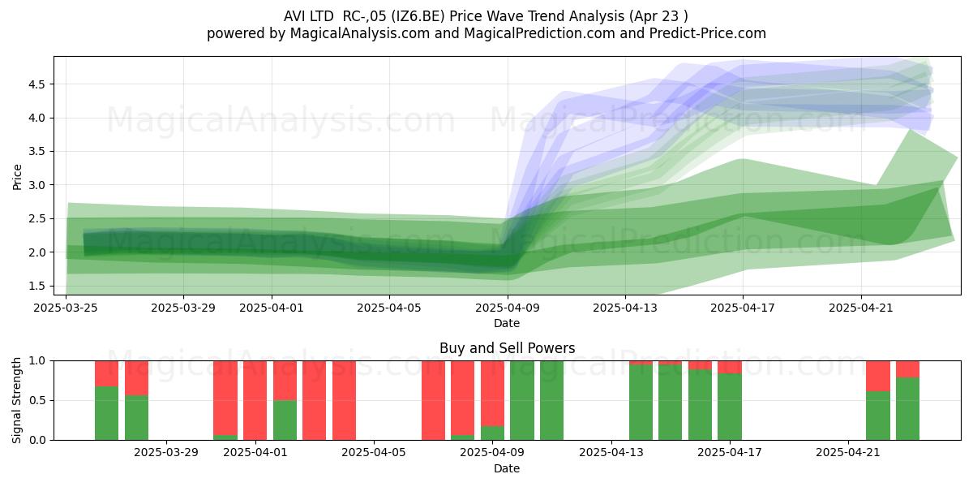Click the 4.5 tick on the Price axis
point(36,84)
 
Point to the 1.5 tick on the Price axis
point(36,286)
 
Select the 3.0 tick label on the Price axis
point(36,185)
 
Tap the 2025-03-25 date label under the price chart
point(66,308)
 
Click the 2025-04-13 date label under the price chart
point(625,308)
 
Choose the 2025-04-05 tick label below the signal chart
point(374,452)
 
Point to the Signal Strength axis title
point(16,400)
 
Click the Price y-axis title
point(17,177)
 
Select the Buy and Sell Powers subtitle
point(507,348)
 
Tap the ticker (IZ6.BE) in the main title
point(418,16)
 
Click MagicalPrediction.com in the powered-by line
point(539,33)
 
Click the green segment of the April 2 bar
point(285,420)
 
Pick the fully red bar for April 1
point(255,400)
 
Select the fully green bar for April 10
point(522,400)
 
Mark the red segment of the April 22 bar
point(878,376)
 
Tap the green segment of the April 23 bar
point(908,409)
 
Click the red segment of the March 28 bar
point(136,378)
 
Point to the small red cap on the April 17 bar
point(730,367)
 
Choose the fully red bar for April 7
point(433,400)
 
